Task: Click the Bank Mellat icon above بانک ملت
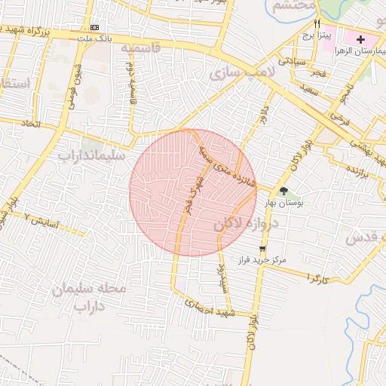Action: (x=93, y=26)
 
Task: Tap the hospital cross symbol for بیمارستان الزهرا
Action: (x=360, y=39)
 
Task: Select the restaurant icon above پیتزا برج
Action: (x=317, y=23)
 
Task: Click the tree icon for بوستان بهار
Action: (x=283, y=191)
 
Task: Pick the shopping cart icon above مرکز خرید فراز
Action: (x=262, y=248)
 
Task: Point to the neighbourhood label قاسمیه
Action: (x=141, y=47)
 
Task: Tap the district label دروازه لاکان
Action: (x=246, y=223)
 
